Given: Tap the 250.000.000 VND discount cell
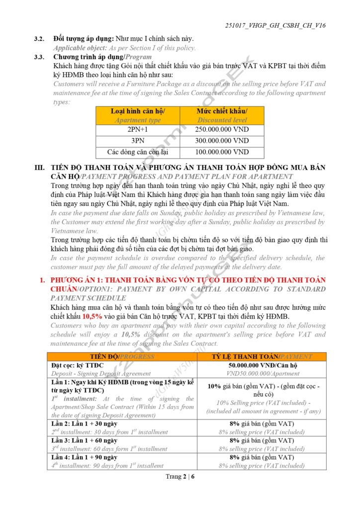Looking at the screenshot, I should pyautogui.click(x=222, y=130).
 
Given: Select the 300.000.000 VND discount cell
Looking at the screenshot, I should pyautogui.click(x=222, y=141).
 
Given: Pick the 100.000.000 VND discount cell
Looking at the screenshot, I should pyautogui.click(x=222, y=152).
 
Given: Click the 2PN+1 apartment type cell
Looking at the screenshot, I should pyautogui.click(x=137, y=130).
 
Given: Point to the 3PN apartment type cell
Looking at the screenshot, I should pyautogui.click(x=137, y=141).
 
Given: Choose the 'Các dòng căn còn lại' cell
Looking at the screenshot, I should pyautogui.click(x=137, y=152).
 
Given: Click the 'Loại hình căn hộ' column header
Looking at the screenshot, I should pyautogui.click(x=137, y=111).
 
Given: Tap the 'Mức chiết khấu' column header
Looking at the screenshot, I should pyautogui.click(x=222, y=111).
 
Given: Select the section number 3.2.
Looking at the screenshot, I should pyautogui.click(x=39, y=39).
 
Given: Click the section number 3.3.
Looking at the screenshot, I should pyautogui.click(x=39, y=57).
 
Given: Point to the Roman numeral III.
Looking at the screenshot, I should pyautogui.click(x=40, y=168).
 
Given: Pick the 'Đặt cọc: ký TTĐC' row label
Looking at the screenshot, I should pyautogui.click(x=77, y=365).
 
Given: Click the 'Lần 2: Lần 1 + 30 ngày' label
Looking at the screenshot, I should pyautogui.click(x=84, y=424).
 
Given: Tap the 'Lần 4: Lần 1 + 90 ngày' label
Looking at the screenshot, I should pyautogui.click(x=84, y=457).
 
